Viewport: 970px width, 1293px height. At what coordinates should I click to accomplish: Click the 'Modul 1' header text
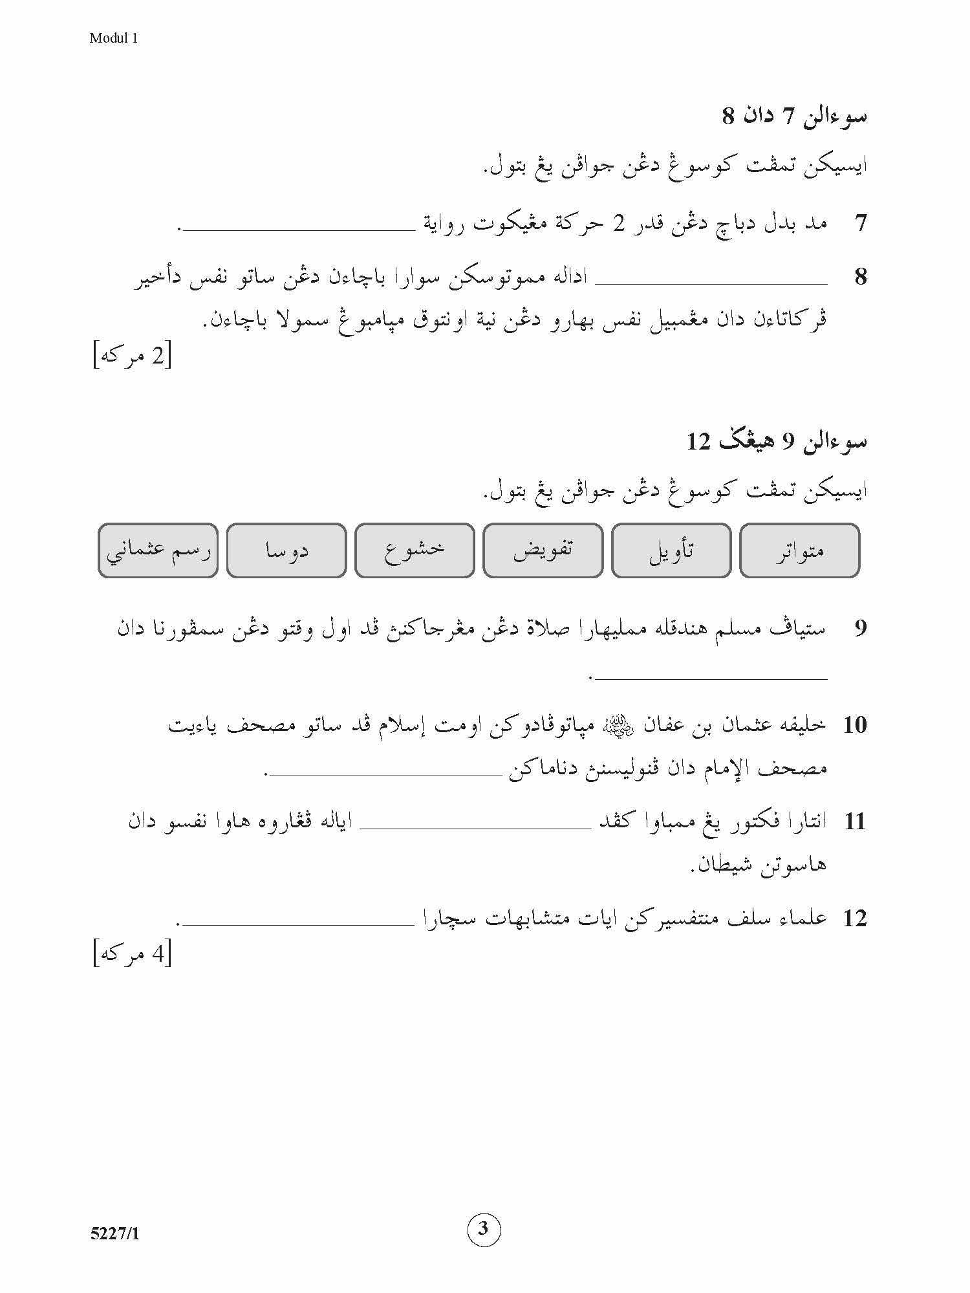(x=114, y=38)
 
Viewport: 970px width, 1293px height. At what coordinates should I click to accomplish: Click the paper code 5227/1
(x=115, y=1233)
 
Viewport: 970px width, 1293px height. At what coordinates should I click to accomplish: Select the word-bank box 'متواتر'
(x=799, y=550)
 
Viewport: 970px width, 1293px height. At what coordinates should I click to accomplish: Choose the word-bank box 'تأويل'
(x=671, y=550)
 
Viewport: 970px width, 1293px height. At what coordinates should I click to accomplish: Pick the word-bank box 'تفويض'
(x=543, y=550)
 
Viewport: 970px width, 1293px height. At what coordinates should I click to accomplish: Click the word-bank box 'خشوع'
(x=415, y=550)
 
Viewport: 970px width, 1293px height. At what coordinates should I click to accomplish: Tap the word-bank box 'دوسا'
(x=286, y=550)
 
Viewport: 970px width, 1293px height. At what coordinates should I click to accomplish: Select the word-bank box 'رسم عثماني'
(x=158, y=550)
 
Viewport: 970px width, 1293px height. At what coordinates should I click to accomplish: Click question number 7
(x=860, y=224)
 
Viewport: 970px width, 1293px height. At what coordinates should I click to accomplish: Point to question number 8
(x=860, y=277)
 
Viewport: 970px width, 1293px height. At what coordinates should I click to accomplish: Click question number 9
(x=860, y=628)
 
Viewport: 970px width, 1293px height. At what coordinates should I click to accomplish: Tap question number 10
(x=854, y=725)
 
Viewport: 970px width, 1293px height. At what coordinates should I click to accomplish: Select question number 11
(x=854, y=822)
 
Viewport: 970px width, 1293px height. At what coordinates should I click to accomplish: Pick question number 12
(x=854, y=918)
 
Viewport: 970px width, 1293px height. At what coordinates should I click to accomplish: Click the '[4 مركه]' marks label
(x=133, y=954)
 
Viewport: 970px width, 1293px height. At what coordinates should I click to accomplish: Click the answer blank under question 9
(x=711, y=677)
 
